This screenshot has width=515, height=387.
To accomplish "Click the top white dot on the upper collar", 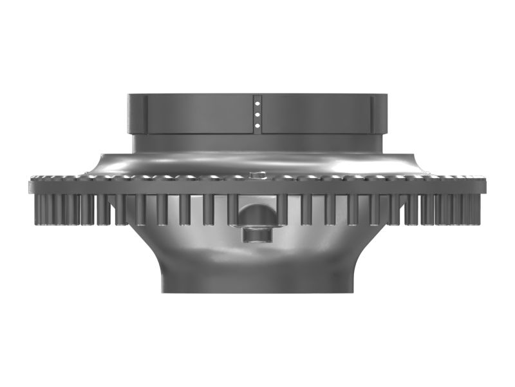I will click(x=257, y=101).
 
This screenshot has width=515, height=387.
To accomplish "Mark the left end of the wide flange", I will click(x=32, y=186).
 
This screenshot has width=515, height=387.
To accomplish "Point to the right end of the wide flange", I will click(x=483, y=186).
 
